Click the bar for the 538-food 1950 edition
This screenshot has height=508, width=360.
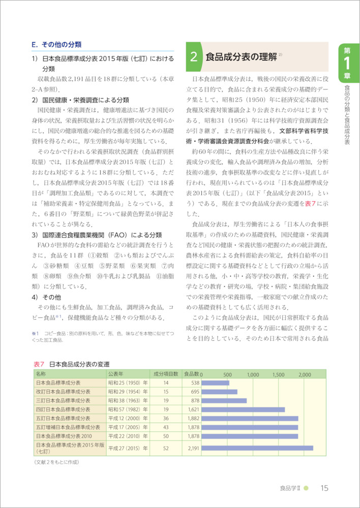point(216,383)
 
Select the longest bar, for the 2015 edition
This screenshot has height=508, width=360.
point(257,448)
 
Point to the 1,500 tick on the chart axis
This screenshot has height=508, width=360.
point(279,374)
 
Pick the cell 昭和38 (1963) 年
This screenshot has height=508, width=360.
point(127,400)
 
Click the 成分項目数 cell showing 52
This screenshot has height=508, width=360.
point(166,448)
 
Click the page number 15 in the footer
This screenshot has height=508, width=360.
point(324,489)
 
